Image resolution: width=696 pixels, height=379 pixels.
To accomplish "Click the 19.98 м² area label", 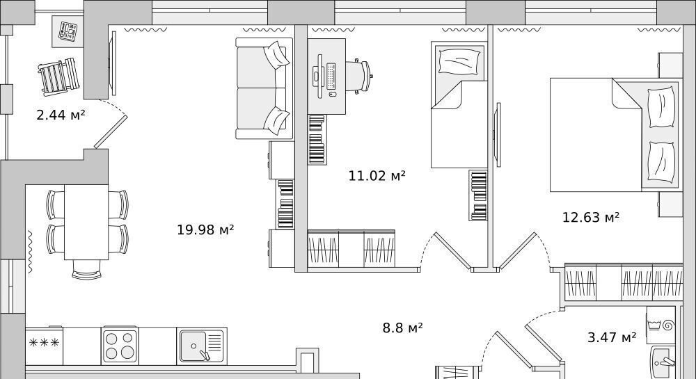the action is click(205, 229).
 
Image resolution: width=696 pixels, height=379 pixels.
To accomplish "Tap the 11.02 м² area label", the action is click(377, 175).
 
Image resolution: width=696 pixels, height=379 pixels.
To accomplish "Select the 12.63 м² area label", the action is click(590, 217).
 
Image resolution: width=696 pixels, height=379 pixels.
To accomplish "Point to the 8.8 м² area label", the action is click(402, 328).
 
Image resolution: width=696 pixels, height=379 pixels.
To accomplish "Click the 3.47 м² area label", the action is click(612, 337).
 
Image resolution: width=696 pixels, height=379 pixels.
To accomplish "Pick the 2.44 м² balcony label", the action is click(61, 115).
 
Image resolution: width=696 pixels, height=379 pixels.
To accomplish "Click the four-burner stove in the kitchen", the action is click(120, 346).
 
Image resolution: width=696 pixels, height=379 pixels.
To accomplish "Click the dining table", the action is click(86, 222).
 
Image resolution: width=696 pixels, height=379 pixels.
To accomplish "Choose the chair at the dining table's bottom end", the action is click(86, 269).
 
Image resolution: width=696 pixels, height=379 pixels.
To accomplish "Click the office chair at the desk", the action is click(358, 76).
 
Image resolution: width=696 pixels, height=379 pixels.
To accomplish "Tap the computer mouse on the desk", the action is click(331, 93).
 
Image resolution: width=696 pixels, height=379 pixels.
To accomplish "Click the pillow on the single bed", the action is click(459, 61).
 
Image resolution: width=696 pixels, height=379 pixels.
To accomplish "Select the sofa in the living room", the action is click(264, 88).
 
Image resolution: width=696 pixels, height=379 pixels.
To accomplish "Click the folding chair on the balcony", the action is click(59, 77).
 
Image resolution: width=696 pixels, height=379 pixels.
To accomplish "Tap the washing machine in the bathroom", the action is click(661, 325).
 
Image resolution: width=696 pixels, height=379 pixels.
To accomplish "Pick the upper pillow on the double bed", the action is click(661, 106).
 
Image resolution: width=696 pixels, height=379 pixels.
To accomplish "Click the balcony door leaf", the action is click(111, 131).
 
